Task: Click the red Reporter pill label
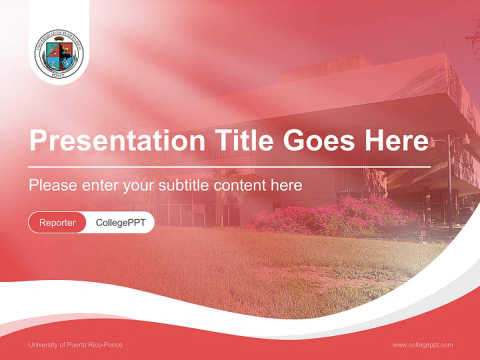pyautogui.click(x=57, y=222)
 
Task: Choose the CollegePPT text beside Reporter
pyautogui.click(x=120, y=222)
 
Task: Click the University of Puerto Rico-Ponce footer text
pyautogui.click(x=75, y=345)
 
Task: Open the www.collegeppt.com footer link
pyautogui.click(x=422, y=345)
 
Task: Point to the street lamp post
pyautogui.click(x=449, y=185)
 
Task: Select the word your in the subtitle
pyautogui.click(x=139, y=185)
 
